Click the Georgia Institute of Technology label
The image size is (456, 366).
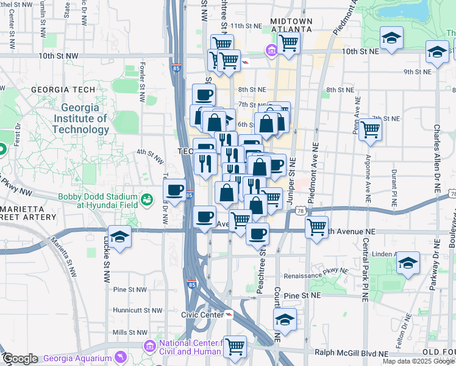pyautogui.click(x=80, y=118)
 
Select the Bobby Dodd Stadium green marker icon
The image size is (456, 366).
pyautogui.click(x=146, y=199)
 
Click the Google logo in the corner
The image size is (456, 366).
pyautogui.click(x=20, y=359)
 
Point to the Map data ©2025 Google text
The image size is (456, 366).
pyautogui.click(x=418, y=362)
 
